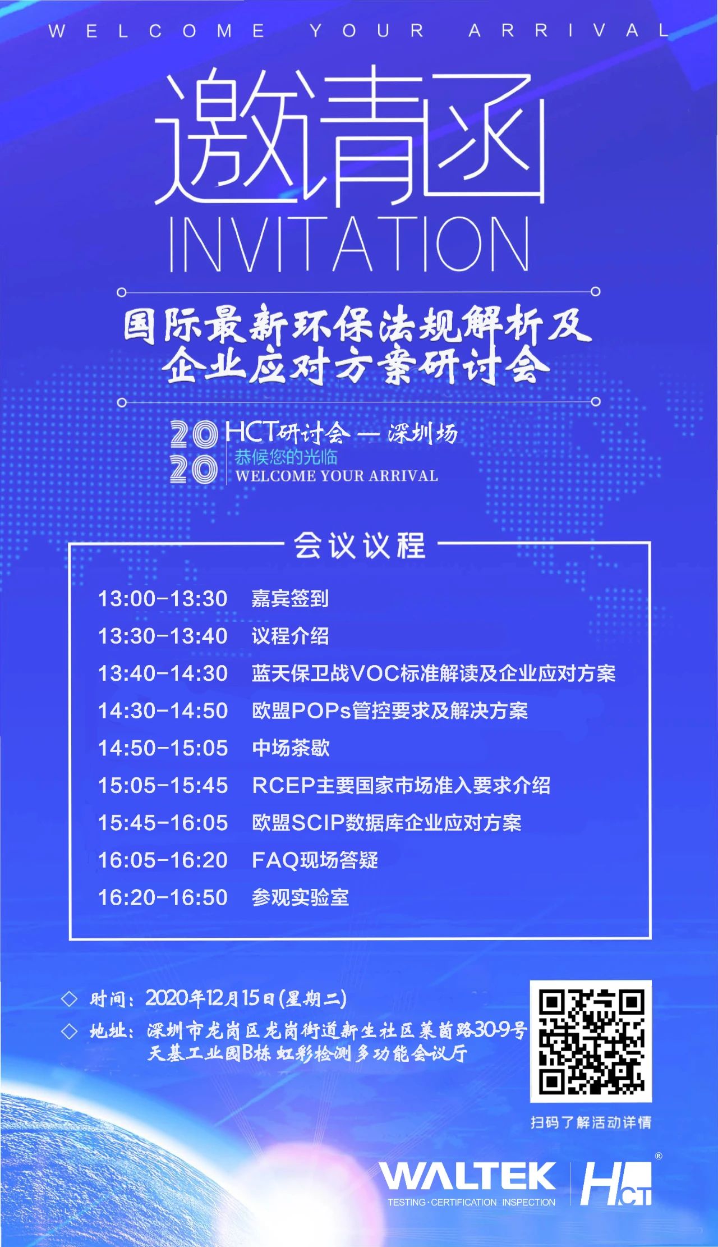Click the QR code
coord(591,1042)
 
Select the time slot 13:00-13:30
coord(163,599)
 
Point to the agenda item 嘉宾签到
coord(289,599)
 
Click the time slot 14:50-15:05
coord(163,748)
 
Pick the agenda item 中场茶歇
coord(291,748)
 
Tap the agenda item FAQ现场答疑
coord(315,860)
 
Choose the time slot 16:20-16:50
coord(163,897)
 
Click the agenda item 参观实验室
coord(300,897)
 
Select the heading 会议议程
coord(360,545)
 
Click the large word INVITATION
coord(349,245)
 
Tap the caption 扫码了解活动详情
coord(591,1122)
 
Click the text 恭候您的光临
coord(286,457)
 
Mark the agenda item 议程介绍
coord(290,636)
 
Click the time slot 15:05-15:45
coord(163,786)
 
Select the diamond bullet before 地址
coord(69,1031)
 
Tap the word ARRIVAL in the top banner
coord(569,30)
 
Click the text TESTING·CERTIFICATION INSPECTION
coord(471,1202)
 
